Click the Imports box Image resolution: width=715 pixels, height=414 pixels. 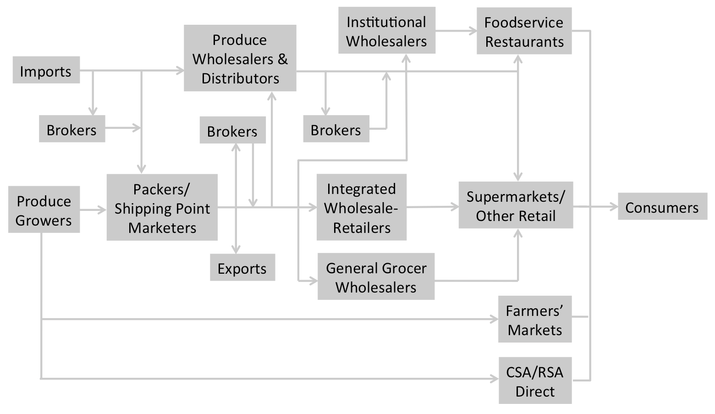46,70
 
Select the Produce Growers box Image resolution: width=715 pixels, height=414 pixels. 44,210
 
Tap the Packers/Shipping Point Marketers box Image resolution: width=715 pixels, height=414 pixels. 162,207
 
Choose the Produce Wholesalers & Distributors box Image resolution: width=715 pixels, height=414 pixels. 240,58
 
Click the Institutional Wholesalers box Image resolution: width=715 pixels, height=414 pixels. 387,30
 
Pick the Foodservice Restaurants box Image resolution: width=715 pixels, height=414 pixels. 524,31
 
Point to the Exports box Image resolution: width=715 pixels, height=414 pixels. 242,267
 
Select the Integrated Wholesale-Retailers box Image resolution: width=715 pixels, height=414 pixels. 362,207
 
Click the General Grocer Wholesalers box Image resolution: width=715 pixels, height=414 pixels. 376,276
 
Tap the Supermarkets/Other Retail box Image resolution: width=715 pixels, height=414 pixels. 516,205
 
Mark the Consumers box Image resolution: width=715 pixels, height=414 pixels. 663,206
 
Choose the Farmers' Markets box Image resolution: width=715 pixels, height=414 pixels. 535,319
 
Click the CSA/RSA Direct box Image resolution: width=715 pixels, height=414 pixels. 535,381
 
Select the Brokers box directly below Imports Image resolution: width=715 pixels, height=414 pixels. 72,129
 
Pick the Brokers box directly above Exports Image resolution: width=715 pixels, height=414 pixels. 233,130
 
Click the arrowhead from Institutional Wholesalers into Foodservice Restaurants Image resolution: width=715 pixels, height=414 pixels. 473,31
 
